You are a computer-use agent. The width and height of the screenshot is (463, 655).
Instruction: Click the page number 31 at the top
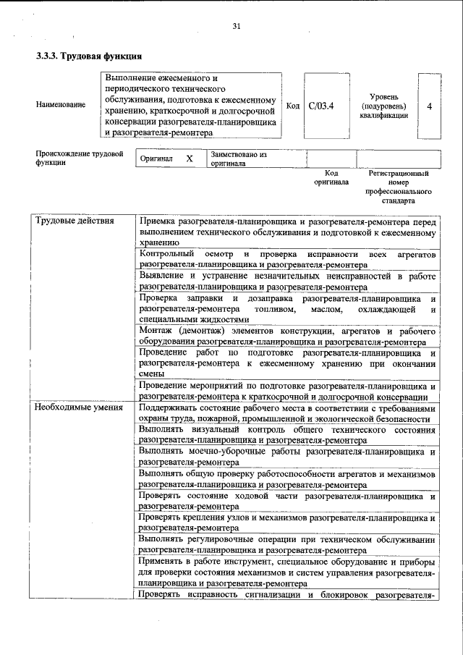point(236,27)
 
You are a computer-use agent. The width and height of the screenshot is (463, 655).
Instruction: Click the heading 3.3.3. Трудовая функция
point(88,56)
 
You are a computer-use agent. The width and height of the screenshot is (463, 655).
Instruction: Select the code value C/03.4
point(320,106)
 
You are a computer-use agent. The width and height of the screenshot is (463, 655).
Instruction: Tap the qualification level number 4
point(430,106)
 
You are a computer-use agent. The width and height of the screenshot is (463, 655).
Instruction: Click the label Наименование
point(60,105)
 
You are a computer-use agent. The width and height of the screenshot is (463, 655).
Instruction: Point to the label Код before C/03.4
point(293,106)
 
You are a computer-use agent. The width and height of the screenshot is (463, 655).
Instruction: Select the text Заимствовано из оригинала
point(239,159)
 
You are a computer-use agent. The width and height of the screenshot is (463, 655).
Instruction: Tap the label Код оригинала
point(331,178)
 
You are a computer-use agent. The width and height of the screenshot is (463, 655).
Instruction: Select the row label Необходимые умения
point(80,408)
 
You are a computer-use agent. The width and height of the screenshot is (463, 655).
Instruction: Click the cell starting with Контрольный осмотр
point(287,260)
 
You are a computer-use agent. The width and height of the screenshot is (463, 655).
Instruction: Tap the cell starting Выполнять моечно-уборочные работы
point(287,456)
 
